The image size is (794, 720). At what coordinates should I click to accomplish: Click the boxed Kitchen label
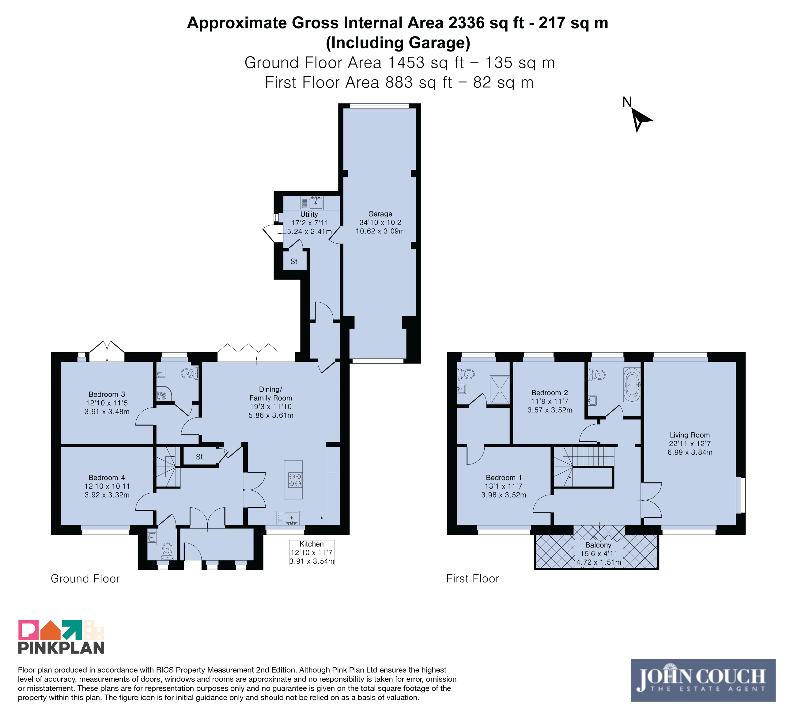[x=312, y=552]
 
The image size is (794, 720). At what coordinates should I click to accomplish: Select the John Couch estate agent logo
[x=703, y=680]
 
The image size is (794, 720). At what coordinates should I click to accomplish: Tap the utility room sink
[x=316, y=203]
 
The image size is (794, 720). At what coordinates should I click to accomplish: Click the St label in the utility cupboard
[x=294, y=262]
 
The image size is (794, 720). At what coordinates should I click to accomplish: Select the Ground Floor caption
[x=85, y=578]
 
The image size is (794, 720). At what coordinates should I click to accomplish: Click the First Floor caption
[x=473, y=578]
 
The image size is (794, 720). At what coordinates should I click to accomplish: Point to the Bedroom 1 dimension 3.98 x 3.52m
[x=504, y=495]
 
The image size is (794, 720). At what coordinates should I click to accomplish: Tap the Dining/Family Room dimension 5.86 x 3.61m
[x=271, y=415]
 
